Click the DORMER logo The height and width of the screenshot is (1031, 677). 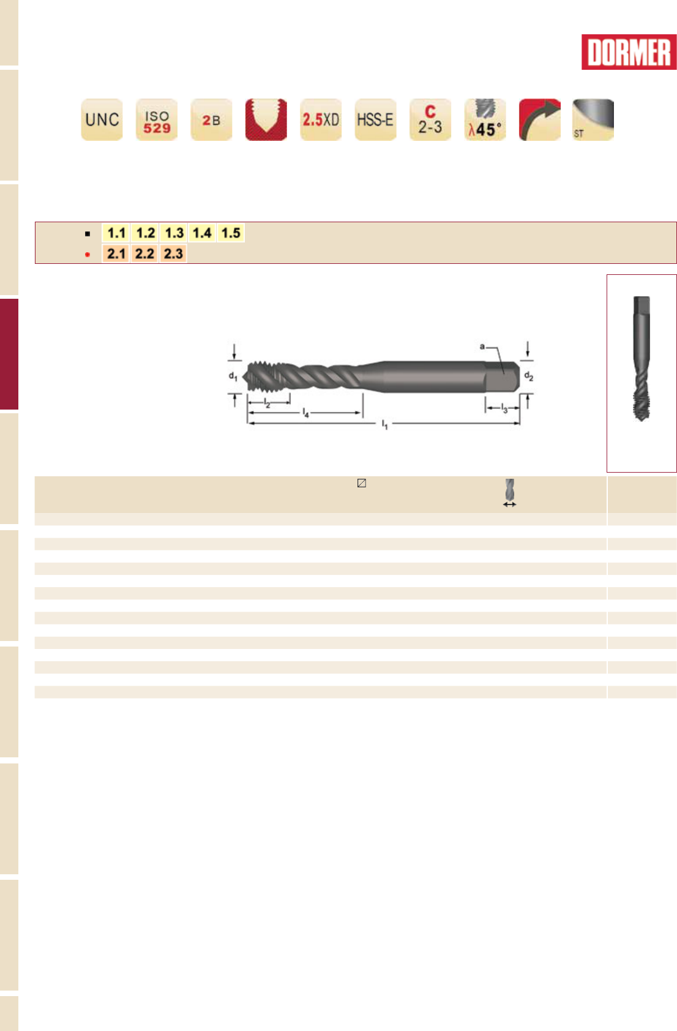pyautogui.click(x=629, y=52)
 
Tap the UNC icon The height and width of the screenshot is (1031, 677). pyautogui.click(x=102, y=119)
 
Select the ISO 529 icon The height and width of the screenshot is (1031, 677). pyautogui.click(x=157, y=119)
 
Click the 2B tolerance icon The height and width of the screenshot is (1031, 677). pyautogui.click(x=211, y=119)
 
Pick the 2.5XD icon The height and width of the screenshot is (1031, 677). pyautogui.click(x=321, y=119)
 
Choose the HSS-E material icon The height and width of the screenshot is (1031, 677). pyautogui.click(x=376, y=119)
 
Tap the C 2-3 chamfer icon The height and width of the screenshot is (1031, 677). pyautogui.click(x=430, y=119)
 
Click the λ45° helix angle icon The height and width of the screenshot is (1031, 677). pyautogui.click(x=485, y=119)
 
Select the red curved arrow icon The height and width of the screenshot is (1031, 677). pyautogui.click(x=540, y=119)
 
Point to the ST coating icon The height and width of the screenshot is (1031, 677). pyautogui.click(x=593, y=119)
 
